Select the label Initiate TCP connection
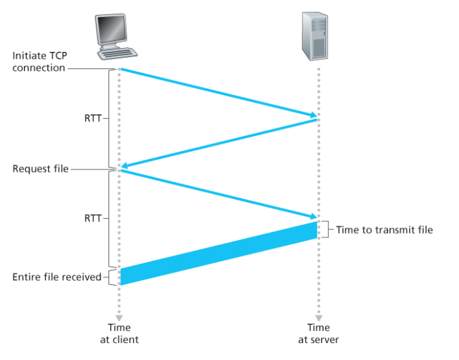[39, 61]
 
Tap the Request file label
[40, 169]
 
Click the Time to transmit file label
[385, 230]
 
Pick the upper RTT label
[93, 119]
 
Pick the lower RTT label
[93, 218]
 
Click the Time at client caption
[120, 333]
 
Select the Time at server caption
[318, 333]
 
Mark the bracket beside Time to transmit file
[326, 229]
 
